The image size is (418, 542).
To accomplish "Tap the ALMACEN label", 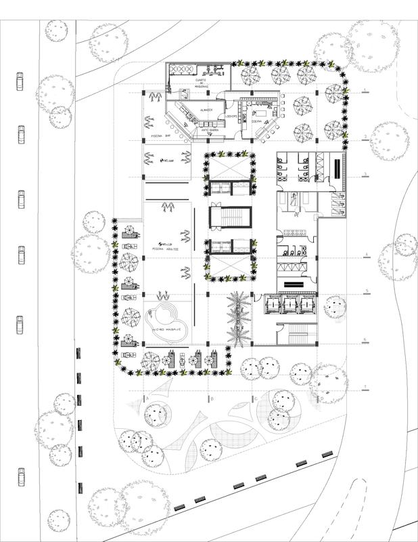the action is (207, 110).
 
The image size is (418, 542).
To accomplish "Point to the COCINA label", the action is (256, 122).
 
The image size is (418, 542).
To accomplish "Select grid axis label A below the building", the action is (146, 400).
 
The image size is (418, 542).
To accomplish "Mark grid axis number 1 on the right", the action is (366, 90).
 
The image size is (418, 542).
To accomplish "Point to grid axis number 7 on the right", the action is (366, 387).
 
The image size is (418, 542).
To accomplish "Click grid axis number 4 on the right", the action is (366, 255).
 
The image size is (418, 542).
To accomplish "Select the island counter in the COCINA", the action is (260, 109).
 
